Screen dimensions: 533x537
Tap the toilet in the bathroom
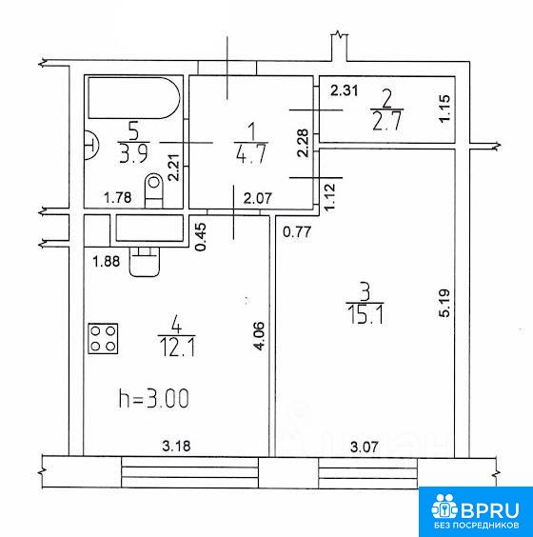(154, 190)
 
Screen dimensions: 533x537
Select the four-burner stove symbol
(103, 338)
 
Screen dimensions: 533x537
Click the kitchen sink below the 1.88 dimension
(145, 262)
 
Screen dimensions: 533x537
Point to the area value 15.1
(365, 315)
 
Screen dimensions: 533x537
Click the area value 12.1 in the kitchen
(177, 348)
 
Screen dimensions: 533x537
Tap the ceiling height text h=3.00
(154, 399)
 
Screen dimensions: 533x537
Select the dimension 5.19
(444, 304)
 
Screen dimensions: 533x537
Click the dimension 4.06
(259, 336)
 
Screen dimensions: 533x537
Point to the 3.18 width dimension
(176, 446)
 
